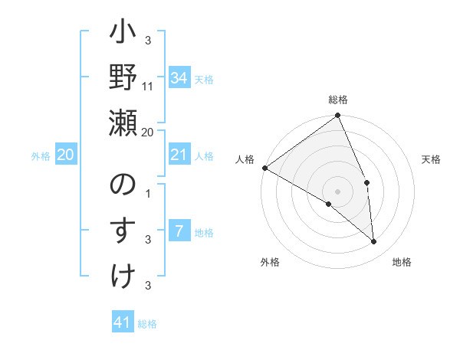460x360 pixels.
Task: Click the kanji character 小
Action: click(123, 36)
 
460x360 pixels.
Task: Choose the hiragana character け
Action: click(123, 273)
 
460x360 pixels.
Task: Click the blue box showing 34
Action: click(179, 78)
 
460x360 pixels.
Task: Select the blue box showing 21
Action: click(179, 155)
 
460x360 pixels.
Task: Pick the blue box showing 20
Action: click(65, 155)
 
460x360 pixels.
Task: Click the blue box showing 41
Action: click(123, 322)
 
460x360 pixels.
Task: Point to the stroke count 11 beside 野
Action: click(148, 86)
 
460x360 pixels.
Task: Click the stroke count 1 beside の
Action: click(148, 193)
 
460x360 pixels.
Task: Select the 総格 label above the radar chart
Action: click(338, 100)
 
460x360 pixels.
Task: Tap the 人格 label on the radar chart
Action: click(244, 159)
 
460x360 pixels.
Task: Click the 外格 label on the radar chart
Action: click(269, 262)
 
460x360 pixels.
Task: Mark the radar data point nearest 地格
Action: click(374, 242)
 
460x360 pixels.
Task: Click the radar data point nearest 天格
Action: click(367, 182)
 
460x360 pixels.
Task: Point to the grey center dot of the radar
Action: click(337, 191)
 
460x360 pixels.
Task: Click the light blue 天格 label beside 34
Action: click(204, 79)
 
